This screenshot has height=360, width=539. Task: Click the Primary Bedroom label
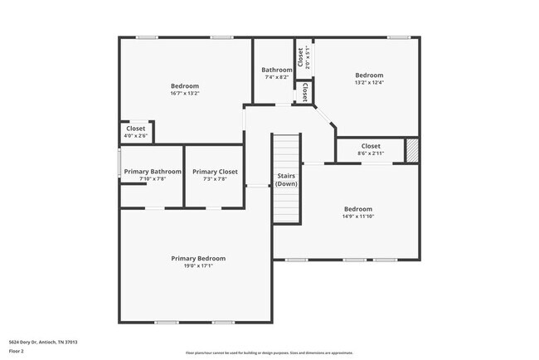coord(198,258)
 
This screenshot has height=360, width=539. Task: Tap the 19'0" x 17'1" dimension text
coord(198,266)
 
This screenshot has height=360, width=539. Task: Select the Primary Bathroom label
coord(153,172)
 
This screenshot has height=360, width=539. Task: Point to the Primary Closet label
coord(215,172)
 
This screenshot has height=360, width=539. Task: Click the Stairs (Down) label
coord(287,180)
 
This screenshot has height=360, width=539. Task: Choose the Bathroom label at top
coord(276,70)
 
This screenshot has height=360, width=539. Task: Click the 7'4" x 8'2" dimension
coord(276,77)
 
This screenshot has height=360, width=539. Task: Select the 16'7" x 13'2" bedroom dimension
coord(185,93)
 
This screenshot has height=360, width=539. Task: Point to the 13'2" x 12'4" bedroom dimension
coord(369,82)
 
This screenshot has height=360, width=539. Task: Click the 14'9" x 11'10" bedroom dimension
coord(358,216)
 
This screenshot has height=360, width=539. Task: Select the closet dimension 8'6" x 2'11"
coord(371,153)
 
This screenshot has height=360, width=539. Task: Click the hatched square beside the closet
coord(412,150)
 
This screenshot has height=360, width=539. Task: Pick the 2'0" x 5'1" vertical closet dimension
coord(307,56)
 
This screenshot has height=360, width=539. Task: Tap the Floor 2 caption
coord(17,351)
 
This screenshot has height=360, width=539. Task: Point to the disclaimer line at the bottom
coord(269,353)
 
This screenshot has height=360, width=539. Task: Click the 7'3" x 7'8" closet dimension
coord(215,179)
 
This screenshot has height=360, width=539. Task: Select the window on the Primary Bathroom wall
coord(119,162)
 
